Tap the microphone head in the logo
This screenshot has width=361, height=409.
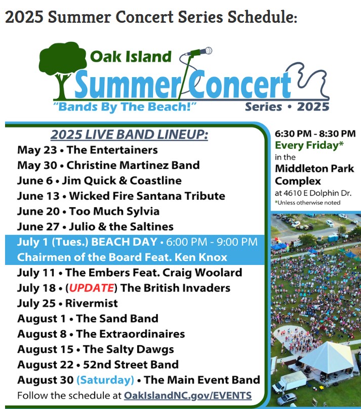tap(208, 51)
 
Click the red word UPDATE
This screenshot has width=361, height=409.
tap(92, 288)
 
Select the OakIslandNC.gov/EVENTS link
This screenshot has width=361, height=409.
tap(187, 395)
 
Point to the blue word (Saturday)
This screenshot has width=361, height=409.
tap(105, 380)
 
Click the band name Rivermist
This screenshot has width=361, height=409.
tap(92, 303)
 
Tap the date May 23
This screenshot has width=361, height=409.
tap(37, 150)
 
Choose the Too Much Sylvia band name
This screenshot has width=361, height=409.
tap(114, 211)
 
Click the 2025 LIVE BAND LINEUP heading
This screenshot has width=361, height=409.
tap(129, 134)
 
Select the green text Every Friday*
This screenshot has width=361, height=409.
tap(309, 145)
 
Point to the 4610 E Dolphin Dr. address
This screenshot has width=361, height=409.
tap(317, 193)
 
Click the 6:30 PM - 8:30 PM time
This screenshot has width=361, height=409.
tap(315, 133)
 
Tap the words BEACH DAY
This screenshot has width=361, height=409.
tap(124, 242)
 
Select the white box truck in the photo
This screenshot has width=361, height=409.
tap(289, 381)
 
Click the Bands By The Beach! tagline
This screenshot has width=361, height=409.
tap(125, 107)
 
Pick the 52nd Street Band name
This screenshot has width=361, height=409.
tap(131, 365)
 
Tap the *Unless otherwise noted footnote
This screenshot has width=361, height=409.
tap(307, 203)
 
